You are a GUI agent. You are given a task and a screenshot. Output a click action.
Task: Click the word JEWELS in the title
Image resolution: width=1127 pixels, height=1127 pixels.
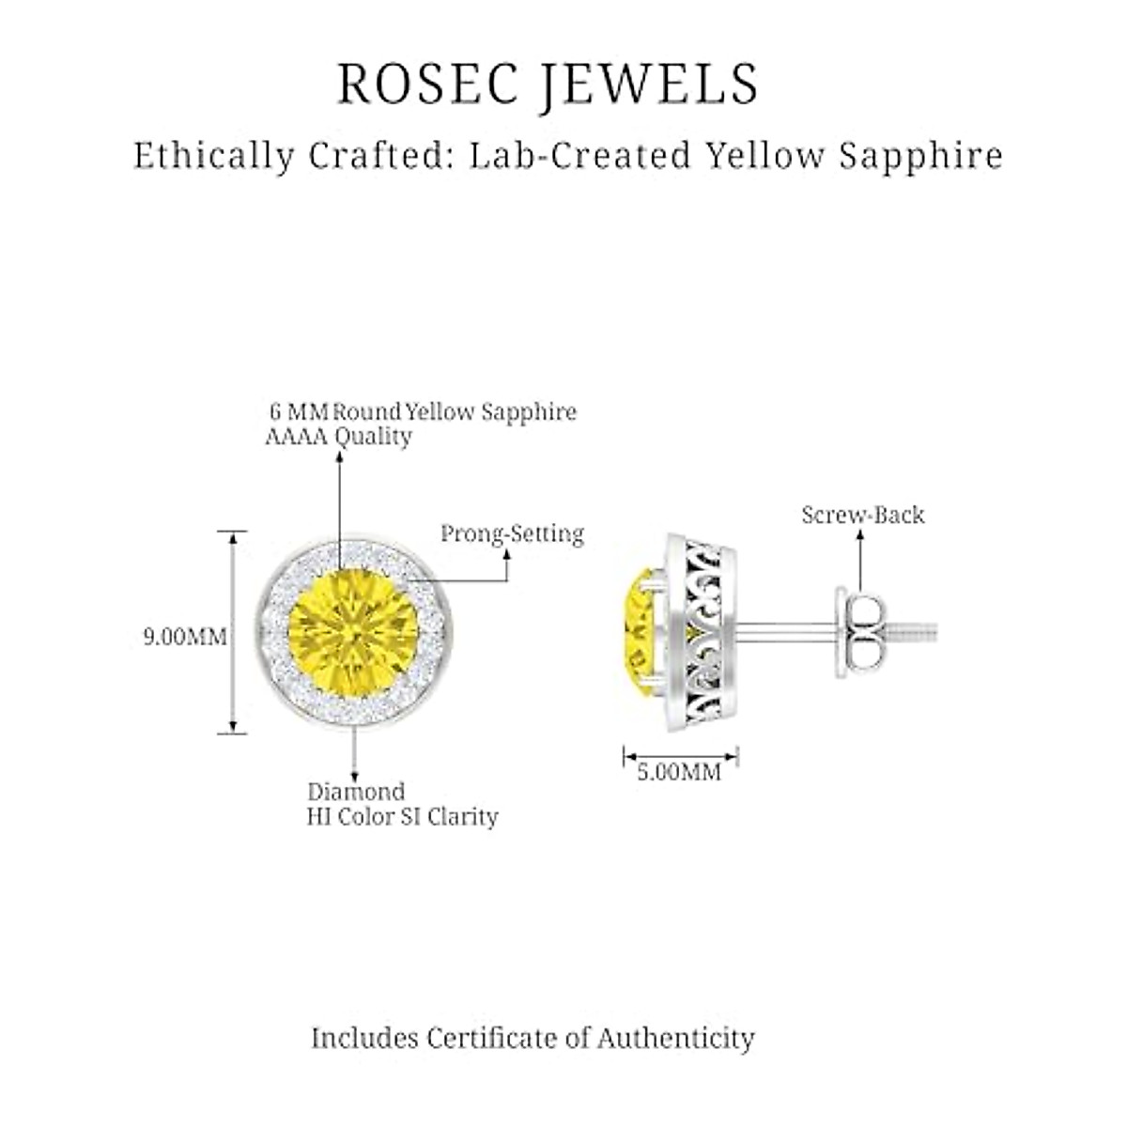[648, 85]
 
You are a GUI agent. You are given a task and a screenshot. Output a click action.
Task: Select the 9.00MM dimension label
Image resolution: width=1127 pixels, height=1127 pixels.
[185, 637]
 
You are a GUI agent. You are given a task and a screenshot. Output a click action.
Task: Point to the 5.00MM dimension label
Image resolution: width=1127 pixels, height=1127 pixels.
[679, 772]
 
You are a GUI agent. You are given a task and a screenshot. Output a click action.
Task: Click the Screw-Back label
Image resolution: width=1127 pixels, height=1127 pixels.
[862, 515]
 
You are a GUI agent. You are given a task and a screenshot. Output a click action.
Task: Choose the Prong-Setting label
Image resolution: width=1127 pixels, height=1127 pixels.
[512, 534]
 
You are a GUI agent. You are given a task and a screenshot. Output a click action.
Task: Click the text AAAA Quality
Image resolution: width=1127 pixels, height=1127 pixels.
[338, 437]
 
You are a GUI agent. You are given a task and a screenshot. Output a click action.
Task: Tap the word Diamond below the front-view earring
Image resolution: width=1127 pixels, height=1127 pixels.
[356, 792]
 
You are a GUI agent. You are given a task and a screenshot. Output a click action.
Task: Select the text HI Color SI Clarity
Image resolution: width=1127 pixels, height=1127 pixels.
[402, 817]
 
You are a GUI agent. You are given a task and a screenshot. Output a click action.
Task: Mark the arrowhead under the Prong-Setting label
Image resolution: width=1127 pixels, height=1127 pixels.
[507, 555]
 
